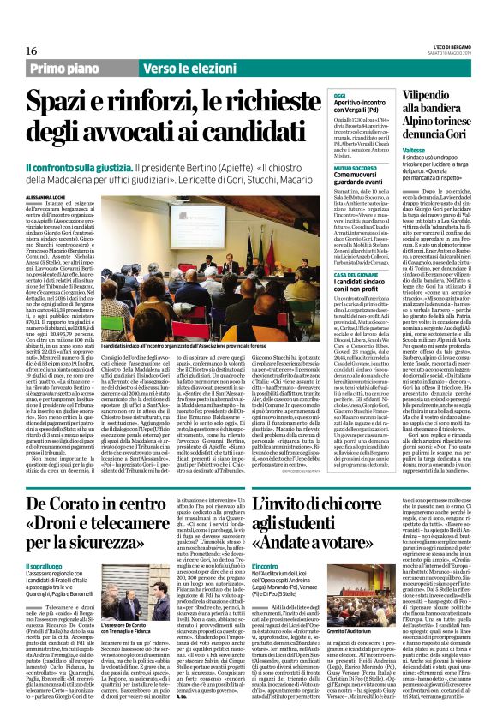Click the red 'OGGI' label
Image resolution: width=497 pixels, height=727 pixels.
pos(340,96)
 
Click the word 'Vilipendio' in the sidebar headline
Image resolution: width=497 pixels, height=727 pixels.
pos(434,100)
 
